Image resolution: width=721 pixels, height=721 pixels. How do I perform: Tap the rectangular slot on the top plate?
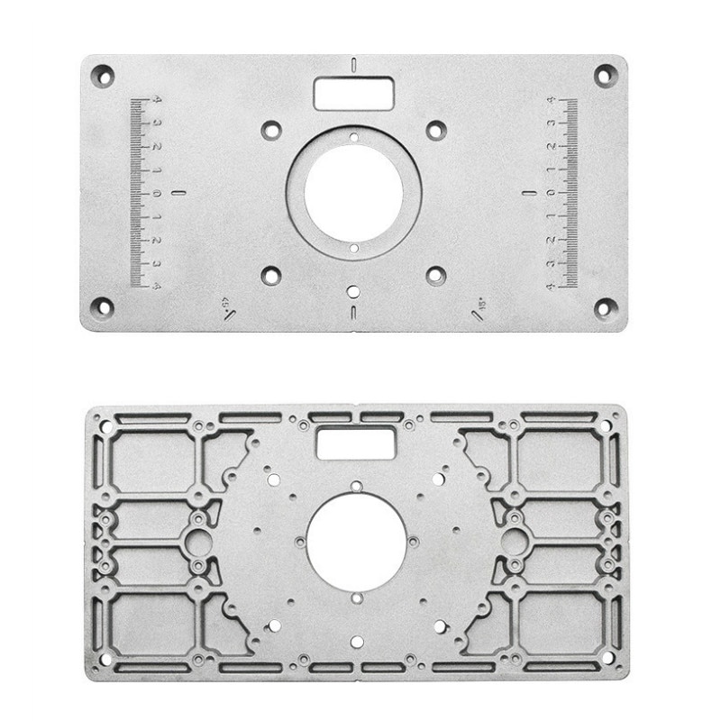354,91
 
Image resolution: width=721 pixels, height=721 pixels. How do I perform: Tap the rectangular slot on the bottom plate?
356,442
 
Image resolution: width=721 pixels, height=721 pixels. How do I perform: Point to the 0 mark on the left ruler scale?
157,193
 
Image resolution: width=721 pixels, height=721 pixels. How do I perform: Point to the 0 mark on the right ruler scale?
551,193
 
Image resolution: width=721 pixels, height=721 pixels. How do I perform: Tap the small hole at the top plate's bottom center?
353,291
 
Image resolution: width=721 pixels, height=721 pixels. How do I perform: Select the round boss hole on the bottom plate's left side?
199,541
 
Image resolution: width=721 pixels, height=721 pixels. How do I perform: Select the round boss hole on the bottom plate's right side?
513,541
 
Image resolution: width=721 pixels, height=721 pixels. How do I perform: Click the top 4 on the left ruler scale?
157,99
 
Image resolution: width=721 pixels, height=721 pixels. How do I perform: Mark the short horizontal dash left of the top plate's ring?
177,192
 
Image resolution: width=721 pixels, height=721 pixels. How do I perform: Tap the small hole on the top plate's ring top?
353,138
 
